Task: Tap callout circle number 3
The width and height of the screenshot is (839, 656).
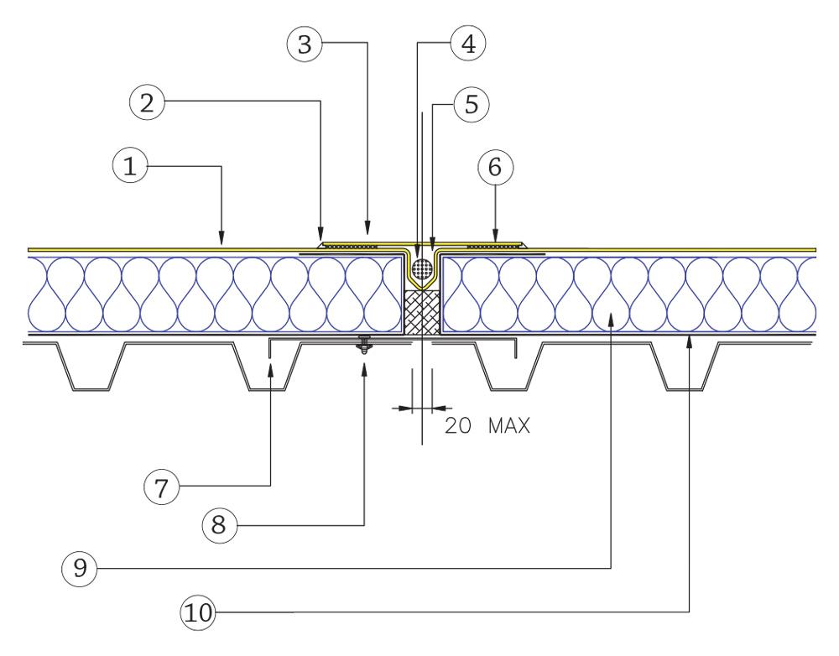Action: (x=305, y=45)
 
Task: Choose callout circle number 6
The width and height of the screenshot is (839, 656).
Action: (x=495, y=167)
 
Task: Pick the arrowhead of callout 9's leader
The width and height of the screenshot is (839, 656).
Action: (x=612, y=317)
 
